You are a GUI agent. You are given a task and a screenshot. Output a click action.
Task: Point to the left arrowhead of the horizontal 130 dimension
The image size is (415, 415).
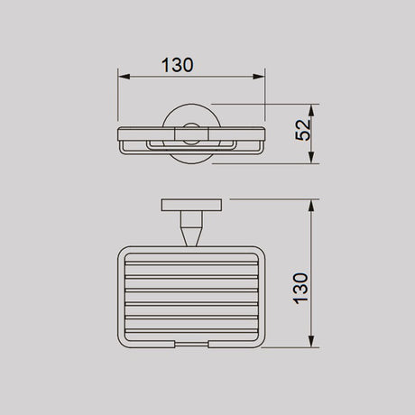pos(124,77)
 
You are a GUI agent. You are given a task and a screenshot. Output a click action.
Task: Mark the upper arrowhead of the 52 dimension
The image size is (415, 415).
pos(311,107)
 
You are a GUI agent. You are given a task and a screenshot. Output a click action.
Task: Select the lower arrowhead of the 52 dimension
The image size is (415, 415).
pos(311,159)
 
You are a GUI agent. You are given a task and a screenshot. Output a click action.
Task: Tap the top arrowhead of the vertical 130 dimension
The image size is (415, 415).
pos(311,204)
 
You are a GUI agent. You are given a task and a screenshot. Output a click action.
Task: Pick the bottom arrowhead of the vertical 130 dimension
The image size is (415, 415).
pos(311,343)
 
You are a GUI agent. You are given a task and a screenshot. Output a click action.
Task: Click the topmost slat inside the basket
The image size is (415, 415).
pos(190,260)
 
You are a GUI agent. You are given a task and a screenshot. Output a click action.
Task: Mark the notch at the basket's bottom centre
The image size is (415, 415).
pos(190,344)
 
